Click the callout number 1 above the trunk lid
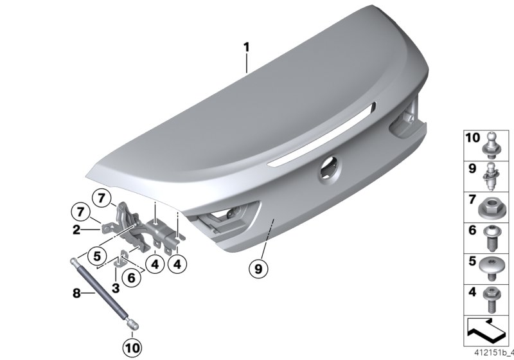246,47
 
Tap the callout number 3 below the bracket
116,289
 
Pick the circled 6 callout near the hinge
132,277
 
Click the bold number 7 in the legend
471,203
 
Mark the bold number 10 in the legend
472,138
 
